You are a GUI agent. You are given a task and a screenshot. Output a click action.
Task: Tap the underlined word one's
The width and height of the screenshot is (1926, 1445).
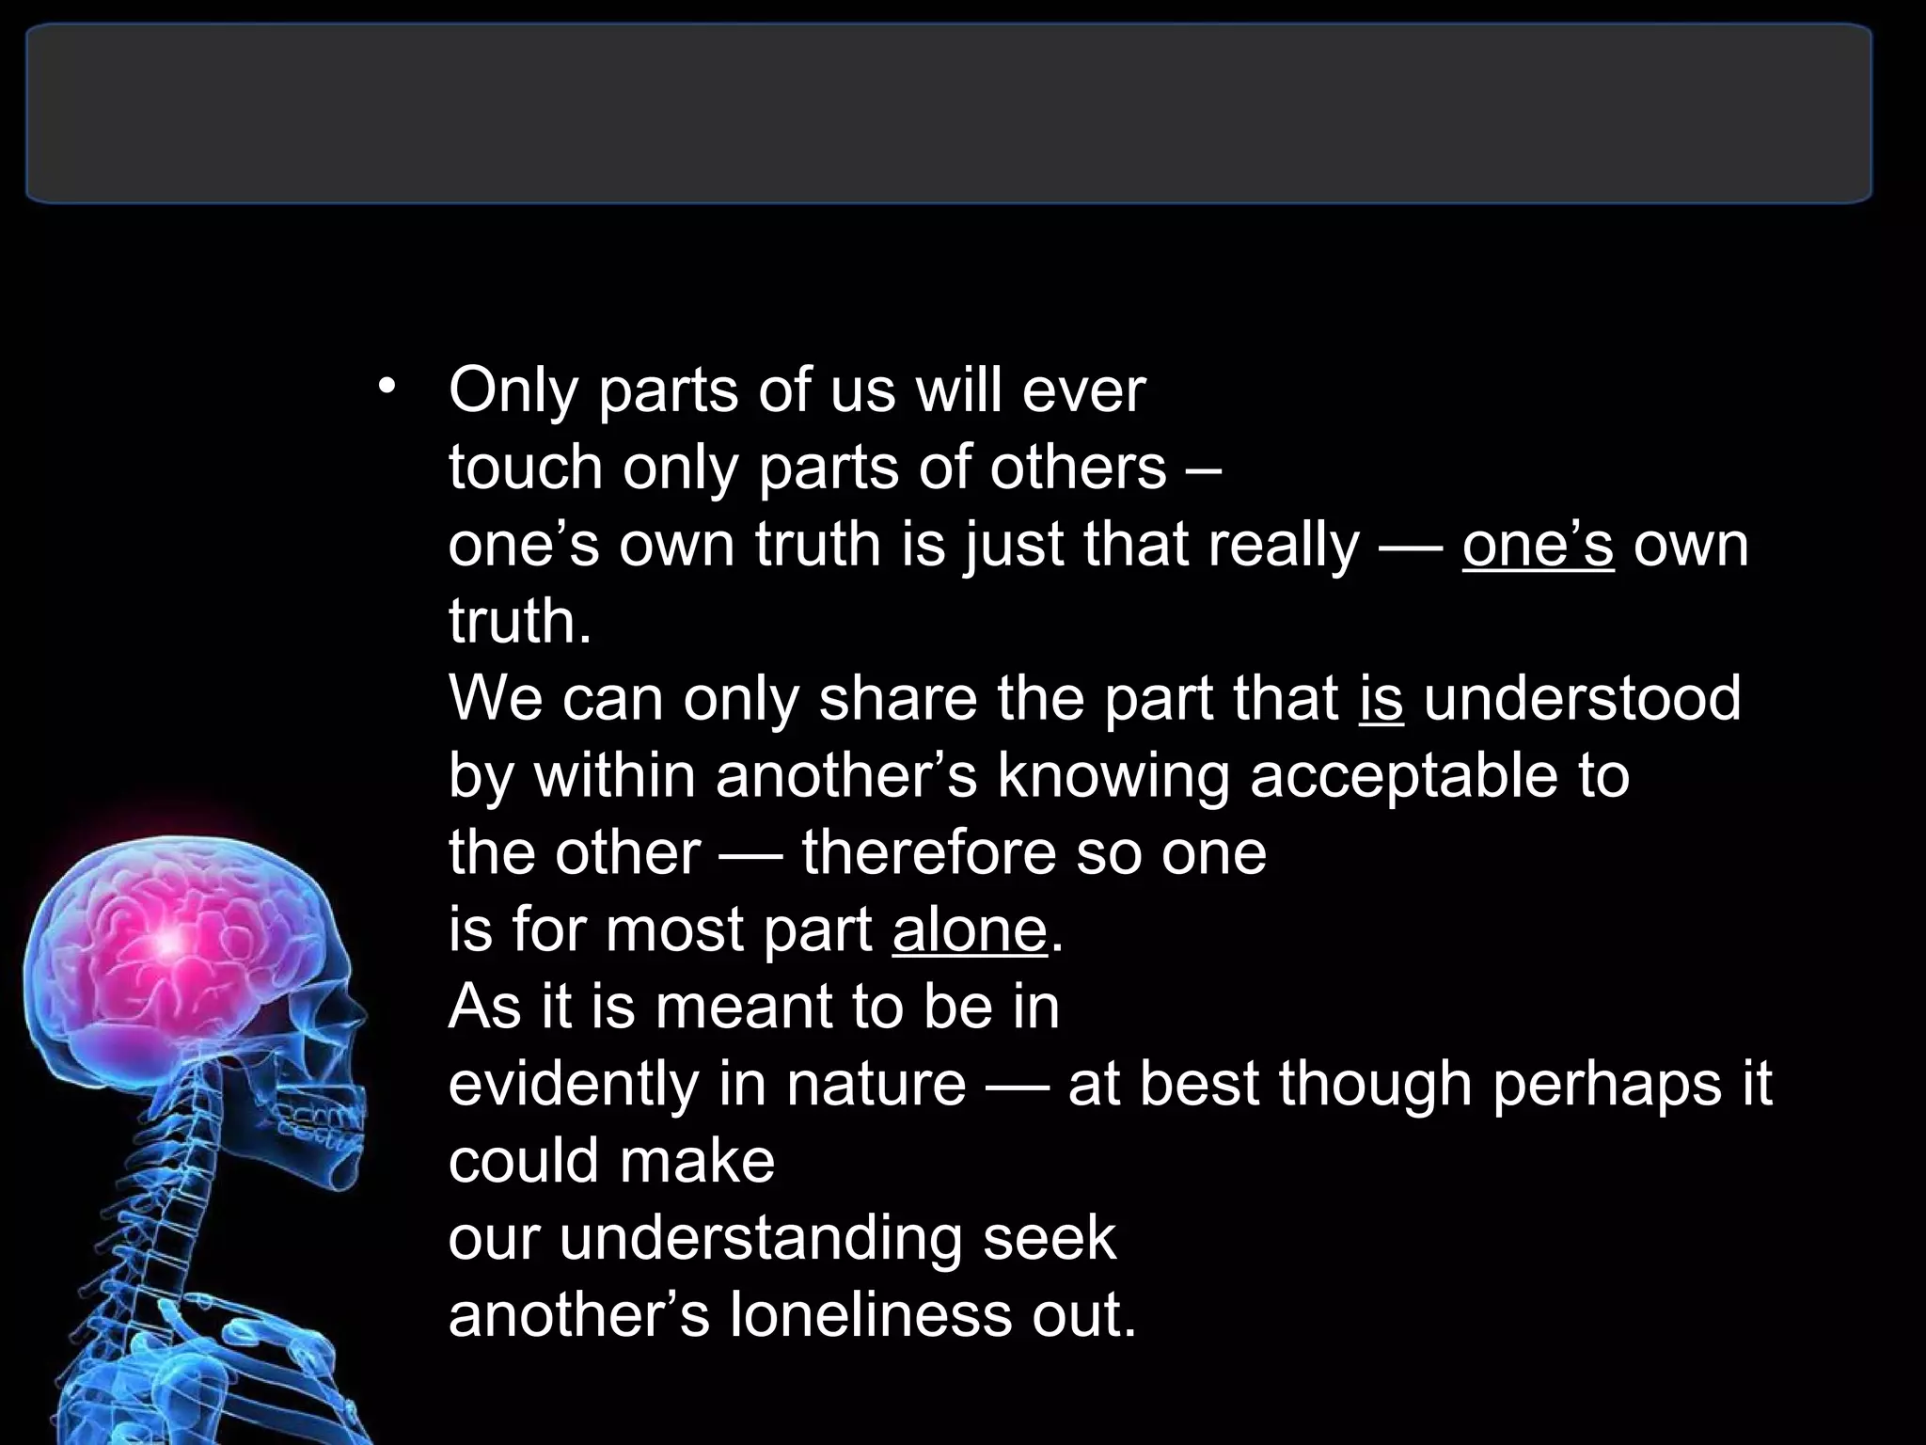pos(1538,545)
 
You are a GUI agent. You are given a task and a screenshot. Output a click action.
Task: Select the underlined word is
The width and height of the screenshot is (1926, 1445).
pos(1381,699)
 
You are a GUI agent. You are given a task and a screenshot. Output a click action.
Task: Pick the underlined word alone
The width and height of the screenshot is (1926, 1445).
pos(970,930)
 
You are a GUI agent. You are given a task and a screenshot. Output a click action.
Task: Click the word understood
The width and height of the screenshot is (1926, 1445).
pos(1582,699)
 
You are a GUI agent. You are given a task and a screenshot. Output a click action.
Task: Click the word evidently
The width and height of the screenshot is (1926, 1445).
pos(573,1085)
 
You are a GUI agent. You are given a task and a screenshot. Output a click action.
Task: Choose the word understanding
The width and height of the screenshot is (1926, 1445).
pos(760,1238)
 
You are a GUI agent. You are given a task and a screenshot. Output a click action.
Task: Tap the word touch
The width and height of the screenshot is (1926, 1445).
pos(525,468)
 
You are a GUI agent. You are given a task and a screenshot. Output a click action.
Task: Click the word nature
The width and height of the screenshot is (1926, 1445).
pos(876,1085)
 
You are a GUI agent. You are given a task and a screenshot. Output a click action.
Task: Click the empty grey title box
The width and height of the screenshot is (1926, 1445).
pos(948,113)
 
